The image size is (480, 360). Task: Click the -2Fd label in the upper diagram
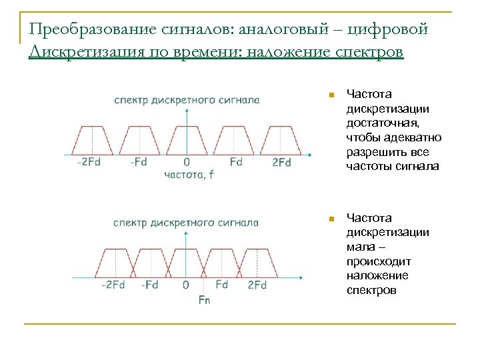pos(88,163)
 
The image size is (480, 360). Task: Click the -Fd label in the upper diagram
pos(139,163)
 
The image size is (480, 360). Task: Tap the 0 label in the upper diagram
pos(187,163)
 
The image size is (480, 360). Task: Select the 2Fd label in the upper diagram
pos(281,163)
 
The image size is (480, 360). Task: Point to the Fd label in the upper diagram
pos(235,163)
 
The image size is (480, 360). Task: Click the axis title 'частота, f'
pos(190,175)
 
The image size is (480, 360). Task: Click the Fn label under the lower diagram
pos(204,300)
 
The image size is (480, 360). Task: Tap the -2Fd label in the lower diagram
pos(113,285)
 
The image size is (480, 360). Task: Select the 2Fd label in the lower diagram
pos(257,285)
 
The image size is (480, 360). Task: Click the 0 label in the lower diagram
pos(185,285)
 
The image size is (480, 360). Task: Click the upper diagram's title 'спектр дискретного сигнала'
pos(187,100)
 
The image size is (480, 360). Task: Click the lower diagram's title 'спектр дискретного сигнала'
pos(186,222)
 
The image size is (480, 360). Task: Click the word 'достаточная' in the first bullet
pos(380,123)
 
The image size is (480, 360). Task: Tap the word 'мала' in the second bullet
pos(361,246)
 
